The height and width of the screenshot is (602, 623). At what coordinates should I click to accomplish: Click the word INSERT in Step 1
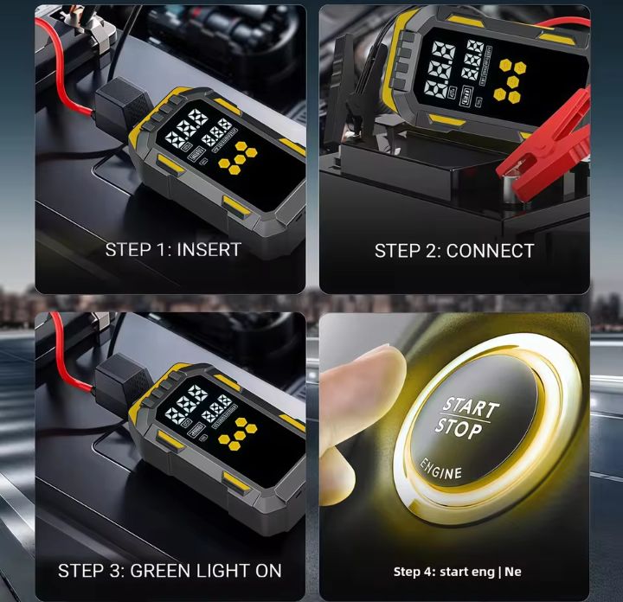209,249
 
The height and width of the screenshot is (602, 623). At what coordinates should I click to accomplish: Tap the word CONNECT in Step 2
491,251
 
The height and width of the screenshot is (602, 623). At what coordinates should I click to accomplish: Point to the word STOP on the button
459,427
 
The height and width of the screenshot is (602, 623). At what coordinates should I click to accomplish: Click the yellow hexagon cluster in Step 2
512,75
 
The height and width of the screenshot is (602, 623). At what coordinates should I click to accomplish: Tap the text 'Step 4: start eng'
442,571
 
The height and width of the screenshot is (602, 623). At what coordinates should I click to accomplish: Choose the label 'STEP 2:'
408,251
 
